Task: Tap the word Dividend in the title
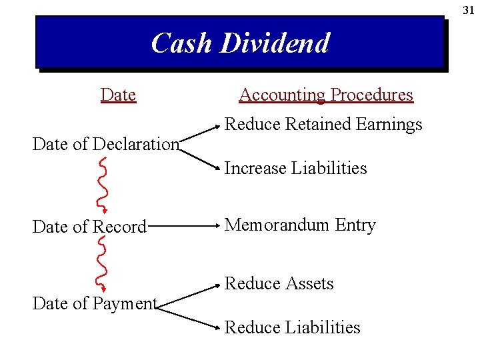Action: pos(275,43)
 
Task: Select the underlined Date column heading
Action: pos(118,95)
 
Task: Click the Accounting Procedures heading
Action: pos(326,95)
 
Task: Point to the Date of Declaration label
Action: pos(106,144)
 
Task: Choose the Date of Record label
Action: pos(89,227)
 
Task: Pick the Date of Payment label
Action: pos(95,304)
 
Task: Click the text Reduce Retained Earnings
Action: pos(323,125)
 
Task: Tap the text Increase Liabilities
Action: pos(295,168)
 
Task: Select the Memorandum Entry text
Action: pos(300,225)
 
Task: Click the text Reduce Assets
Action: pos(279,283)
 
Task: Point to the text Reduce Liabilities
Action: pos(292,327)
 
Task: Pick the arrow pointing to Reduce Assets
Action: pos(190,295)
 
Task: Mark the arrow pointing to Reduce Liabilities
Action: pos(190,316)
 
